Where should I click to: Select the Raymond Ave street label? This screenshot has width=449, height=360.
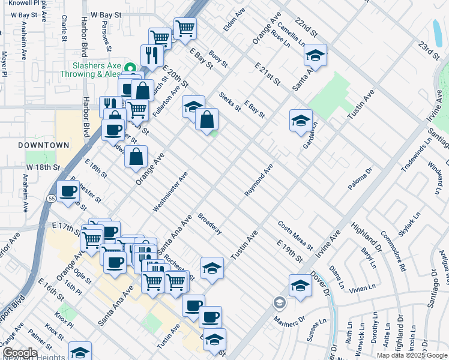[259, 180]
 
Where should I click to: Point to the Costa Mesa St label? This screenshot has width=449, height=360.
[295, 236]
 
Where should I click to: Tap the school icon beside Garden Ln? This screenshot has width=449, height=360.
[301, 122]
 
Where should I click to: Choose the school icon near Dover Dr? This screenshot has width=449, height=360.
[300, 286]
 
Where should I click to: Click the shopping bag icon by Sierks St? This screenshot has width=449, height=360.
[206, 119]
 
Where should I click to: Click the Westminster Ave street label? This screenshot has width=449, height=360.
[170, 191]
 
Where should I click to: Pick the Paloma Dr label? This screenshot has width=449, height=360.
[361, 183]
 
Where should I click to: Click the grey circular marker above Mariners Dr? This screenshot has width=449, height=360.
[278, 301]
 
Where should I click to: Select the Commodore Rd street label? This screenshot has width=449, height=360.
[394, 256]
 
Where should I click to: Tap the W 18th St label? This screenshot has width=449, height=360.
[43, 166]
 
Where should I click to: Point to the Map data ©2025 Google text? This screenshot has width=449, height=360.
[411, 355]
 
